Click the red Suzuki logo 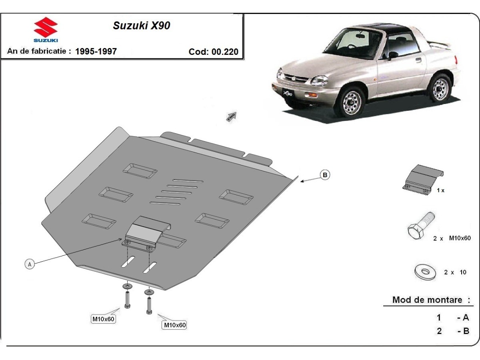(x=46, y=29)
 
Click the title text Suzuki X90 (x=141, y=26)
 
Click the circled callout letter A (x=29, y=264)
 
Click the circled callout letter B (x=325, y=174)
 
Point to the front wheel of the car (x=351, y=102)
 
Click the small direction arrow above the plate (x=232, y=116)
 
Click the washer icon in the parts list (x=425, y=272)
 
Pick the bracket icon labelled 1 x (x=423, y=179)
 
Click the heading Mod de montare (x=431, y=300)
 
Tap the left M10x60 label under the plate (x=104, y=319)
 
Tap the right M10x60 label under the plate (x=175, y=325)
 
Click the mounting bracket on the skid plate (x=147, y=232)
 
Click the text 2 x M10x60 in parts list (x=450, y=238)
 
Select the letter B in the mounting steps (x=466, y=331)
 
